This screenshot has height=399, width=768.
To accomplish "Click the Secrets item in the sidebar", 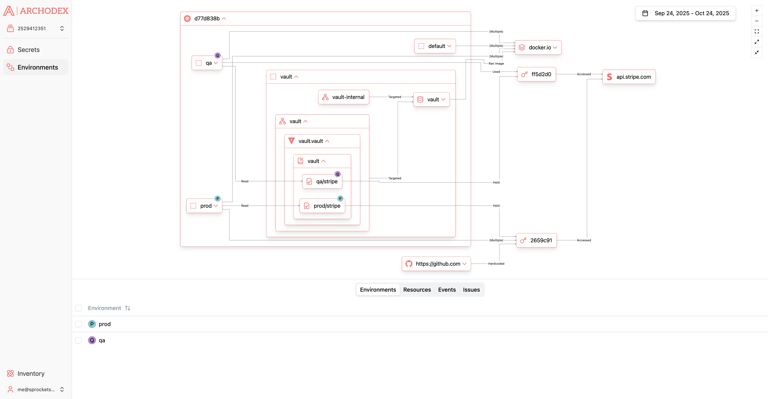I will tap(28, 50).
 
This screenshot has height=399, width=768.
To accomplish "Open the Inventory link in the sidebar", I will tap(31, 373).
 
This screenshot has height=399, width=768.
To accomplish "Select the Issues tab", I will tap(471, 290).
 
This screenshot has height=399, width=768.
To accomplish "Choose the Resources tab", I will tap(417, 290).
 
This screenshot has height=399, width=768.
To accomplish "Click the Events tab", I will tap(447, 290).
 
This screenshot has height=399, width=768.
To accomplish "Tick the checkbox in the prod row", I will tap(78, 324).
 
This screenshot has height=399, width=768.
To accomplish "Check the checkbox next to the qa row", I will tap(78, 340).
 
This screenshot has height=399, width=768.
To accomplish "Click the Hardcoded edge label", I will tap(496, 264).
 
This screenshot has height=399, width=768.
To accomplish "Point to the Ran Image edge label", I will tap(496, 64).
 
